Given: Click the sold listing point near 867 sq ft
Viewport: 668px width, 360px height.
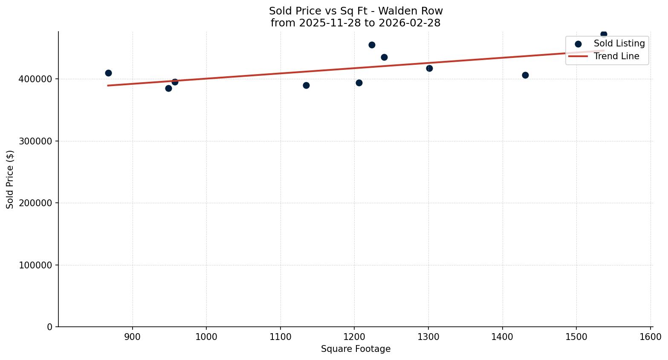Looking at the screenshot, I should [108, 73].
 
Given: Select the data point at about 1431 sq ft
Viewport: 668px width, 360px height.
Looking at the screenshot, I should [525, 75].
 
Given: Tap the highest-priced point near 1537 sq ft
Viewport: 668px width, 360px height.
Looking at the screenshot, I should [604, 34].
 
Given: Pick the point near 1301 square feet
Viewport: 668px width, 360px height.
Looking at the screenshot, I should [429, 68].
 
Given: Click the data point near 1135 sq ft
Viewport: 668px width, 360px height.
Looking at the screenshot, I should [306, 85].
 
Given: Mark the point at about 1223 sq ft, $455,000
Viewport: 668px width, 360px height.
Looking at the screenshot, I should [372, 45].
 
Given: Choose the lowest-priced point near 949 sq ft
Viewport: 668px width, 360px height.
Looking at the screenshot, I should [168, 88].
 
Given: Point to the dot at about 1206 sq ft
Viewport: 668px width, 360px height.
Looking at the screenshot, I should [359, 83].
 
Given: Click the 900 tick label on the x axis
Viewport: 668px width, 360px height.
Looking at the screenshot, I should [133, 337].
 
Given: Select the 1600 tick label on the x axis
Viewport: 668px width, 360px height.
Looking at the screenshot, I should [651, 337].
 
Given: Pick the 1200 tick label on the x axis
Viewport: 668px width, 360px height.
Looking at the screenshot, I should [354, 337].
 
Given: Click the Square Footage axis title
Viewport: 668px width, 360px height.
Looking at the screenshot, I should [356, 349].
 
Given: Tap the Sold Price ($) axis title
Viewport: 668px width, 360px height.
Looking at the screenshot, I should [10, 179].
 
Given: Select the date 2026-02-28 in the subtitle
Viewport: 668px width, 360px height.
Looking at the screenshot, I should [413, 23].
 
